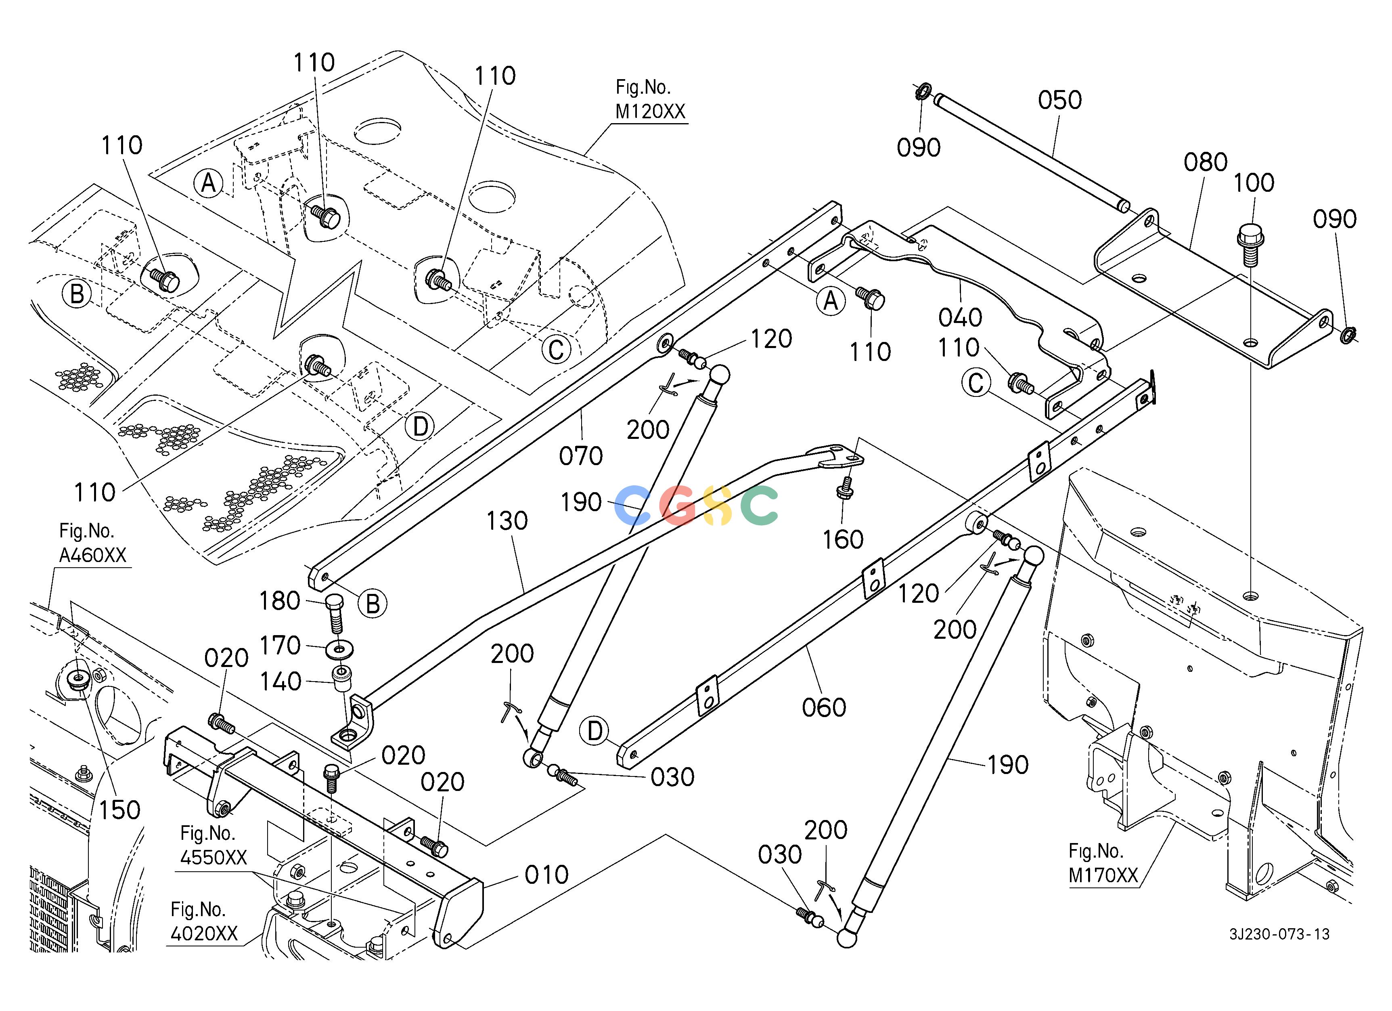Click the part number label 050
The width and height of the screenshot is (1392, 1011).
click(x=1060, y=100)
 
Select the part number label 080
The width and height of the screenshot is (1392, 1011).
click(x=1206, y=162)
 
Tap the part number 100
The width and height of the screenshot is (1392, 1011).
click(x=1254, y=182)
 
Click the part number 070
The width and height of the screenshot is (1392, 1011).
click(x=581, y=456)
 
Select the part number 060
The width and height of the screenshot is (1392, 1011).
click(x=824, y=708)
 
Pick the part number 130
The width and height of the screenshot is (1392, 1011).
click(x=507, y=521)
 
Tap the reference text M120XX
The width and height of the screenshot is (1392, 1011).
click(x=651, y=112)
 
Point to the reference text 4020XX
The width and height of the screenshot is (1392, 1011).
click(x=204, y=933)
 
